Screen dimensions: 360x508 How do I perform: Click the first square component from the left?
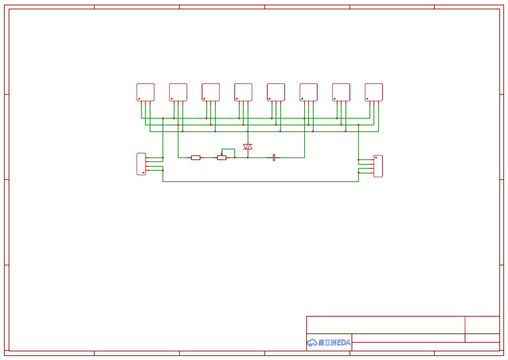pos(146,91)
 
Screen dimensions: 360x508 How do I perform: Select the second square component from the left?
pos(178,91)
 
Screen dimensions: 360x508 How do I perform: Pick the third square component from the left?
pos(210,91)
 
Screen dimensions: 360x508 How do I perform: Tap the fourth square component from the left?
pos(243,91)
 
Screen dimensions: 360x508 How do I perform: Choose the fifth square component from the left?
pos(276,91)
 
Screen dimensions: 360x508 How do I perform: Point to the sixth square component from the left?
pos(308,91)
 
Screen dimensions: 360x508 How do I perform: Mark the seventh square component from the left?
pos(341,91)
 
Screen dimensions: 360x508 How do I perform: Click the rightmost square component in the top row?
pos(374,91)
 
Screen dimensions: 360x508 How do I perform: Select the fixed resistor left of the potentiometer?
pos(195,157)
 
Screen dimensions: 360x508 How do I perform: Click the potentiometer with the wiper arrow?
pos(222,157)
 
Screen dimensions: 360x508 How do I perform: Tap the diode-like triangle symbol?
pos(247,146)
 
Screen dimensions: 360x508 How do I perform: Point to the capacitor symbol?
pos(273,157)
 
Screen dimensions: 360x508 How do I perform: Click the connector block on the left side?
pos(141,163)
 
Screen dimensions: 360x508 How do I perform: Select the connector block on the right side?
pos(378,165)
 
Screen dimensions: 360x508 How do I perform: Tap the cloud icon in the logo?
pos(312,342)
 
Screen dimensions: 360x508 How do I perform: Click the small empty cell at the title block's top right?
pos(482,324)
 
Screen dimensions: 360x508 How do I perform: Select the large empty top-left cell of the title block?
pos(386,324)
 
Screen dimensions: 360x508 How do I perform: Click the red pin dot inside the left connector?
pos(144,172)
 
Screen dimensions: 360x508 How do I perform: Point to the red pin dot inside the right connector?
pos(376,157)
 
